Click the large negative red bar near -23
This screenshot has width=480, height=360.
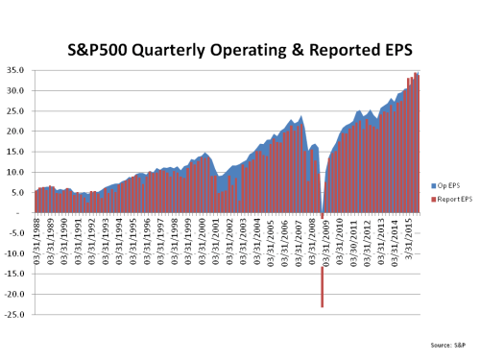click(322, 287)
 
